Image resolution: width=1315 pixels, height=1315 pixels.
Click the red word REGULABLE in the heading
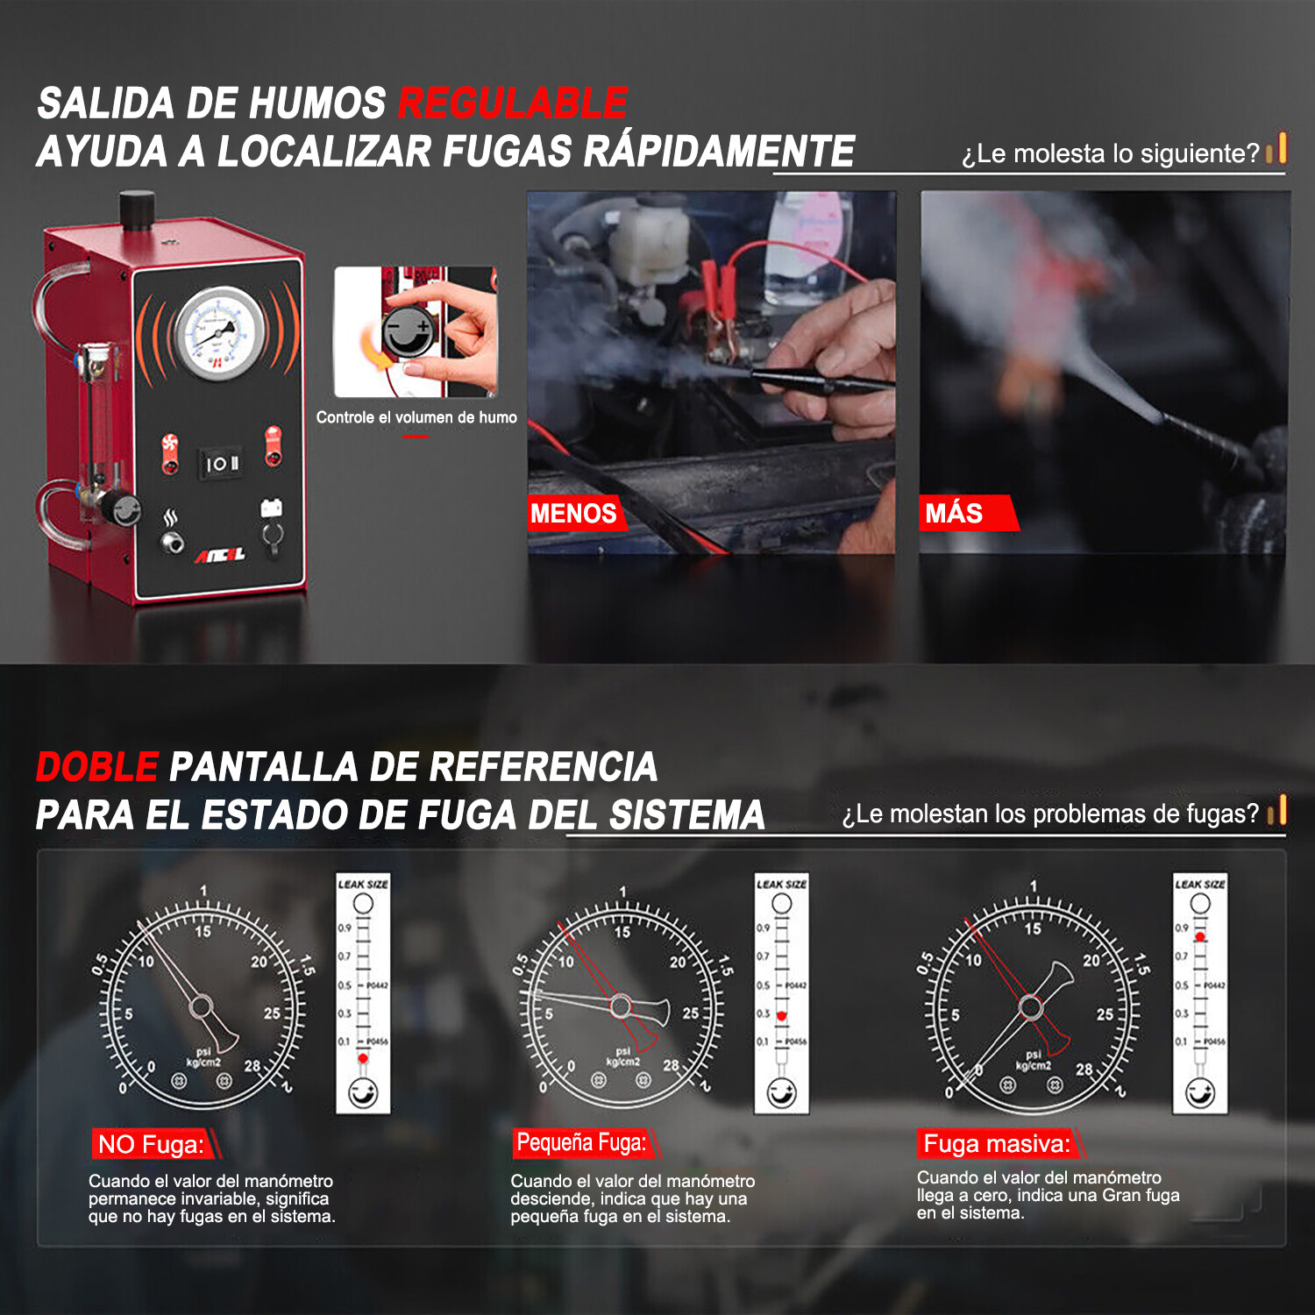click(x=513, y=103)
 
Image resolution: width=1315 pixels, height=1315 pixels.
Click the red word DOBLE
click(x=97, y=767)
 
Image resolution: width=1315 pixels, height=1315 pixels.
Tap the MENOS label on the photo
click(x=573, y=513)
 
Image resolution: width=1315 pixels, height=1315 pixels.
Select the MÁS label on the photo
click(x=954, y=513)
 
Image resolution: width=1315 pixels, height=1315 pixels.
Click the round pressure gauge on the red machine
click(x=219, y=334)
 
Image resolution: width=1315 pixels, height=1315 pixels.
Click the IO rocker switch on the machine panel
click(x=222, y=463)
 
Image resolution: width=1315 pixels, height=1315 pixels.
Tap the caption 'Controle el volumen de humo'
click(x=416, y=417)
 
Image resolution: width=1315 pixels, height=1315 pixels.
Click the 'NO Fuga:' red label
click(x=151, y=1144)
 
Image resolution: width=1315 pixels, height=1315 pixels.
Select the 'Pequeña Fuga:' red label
click(x=581, y=1142)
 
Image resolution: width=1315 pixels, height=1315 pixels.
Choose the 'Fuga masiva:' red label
click(x=997, y=1144)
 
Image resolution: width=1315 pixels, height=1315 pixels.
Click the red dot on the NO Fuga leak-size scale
click(x=363, y=1059)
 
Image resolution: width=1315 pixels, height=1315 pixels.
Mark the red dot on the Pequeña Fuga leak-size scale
click(x=781, y=1016)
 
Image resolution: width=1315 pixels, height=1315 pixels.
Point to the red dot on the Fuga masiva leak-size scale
click(x=1200, y=937)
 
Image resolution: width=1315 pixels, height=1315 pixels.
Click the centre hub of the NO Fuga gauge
click(x=201, y=1006)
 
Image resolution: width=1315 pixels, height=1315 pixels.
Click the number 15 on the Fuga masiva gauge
click(x=1033, y=928)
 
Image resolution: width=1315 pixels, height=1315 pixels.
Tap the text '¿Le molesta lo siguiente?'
click(x=1110, y=153)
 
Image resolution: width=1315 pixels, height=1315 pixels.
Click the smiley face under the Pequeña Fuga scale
click(x=781, y=1093)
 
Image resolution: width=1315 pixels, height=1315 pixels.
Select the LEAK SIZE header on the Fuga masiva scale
click(x=1200, y=884)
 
